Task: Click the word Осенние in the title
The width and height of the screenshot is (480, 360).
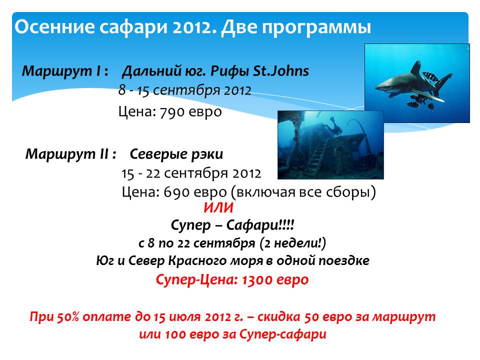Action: point(54,26)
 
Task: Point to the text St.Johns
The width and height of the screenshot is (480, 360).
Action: point(280,70)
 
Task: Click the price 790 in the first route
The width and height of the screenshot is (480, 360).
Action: point(171,112)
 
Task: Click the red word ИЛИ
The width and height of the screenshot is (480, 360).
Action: point(218,208)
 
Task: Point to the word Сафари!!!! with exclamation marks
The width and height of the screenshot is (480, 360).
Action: point(260,225)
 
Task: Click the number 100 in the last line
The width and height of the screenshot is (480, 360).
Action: point(175,334)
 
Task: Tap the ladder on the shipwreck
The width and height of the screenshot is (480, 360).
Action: point(316,156)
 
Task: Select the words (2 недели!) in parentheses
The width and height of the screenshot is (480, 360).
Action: point(292,243)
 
